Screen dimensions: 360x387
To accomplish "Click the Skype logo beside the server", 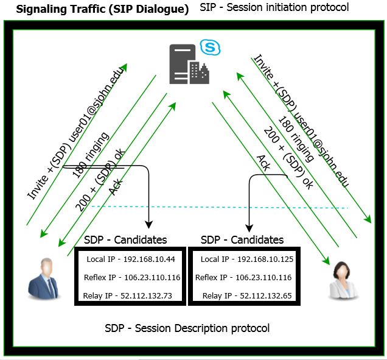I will pyautogui.click(x=209, y=47).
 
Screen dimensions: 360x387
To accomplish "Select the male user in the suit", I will pyautogui.click(x=46, y=278).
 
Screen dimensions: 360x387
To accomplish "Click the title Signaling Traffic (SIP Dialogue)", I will pyautogui.click(x=102, y=10).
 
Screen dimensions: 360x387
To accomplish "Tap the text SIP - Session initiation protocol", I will pyautogui.click(x=279, y=9).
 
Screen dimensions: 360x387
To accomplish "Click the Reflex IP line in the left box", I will pyautogui.click(x=131, y=278).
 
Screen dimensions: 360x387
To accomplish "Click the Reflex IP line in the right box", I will pyautogui.click(x=243, y=278).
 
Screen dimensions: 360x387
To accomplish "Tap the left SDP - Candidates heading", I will pyautogui.click(x=125, y=239).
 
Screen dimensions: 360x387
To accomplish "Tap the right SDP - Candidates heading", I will pyautogui.click(x=242, y=239).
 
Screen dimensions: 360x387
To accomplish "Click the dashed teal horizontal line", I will pyautogui.click(x=219, y=208).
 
